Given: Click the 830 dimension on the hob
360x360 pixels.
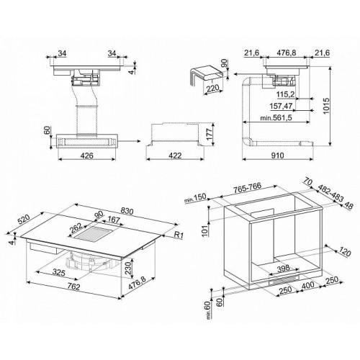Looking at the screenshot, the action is tap(127, 212).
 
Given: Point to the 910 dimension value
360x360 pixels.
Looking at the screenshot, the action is tap(277, 156).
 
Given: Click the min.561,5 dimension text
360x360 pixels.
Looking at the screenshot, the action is tap(276, 118).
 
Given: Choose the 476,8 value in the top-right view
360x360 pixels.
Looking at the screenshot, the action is tap(287, 53).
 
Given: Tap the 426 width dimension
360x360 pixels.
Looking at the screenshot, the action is tap(86, 156).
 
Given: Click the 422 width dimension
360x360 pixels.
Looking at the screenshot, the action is tap(175, 156).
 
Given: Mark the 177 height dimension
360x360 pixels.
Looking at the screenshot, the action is tap(210, 135).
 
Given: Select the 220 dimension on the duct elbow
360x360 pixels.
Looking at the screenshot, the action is tap(212, 89).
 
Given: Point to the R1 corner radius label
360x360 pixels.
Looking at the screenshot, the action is tap(179, 235).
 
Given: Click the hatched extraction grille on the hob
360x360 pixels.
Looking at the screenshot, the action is tap(94, 233).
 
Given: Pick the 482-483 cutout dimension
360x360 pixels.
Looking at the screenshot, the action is tap(331, 194).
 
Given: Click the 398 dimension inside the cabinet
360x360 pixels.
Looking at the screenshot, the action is tap(283, 268).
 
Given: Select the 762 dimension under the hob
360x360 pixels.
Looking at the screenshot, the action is tap(73, 287).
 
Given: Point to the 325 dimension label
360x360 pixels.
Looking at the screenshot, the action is tap(59, 273).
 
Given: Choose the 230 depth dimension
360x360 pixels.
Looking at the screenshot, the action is tap(128, 268).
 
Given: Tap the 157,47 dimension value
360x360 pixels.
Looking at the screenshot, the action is tap(281, 106).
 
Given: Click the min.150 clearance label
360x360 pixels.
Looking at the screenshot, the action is tap(195, 198).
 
